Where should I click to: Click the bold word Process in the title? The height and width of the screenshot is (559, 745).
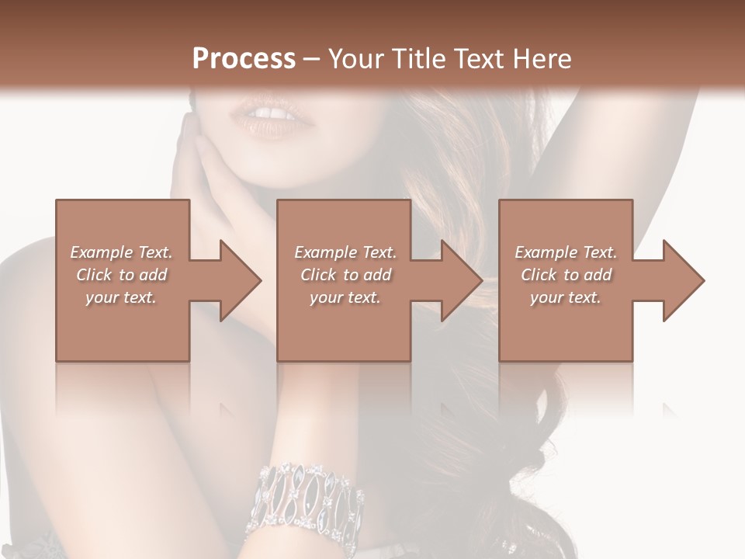pyautogui.click(x=244, y=59)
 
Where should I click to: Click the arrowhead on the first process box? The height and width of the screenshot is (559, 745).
pyautogui.click(x=237, y=280)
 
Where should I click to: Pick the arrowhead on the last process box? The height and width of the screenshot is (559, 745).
pyautogui.click(x=681, y=280)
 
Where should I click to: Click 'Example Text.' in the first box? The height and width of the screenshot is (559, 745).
pyautogui.click(x=122, y=252)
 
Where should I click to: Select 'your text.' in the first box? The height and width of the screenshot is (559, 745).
pyautogui.click(x=122, y=297)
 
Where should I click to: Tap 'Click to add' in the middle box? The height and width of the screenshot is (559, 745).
pyautogui.click(x=345, y=275)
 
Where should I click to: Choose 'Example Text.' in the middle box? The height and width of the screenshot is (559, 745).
pyautogui.click(x=345, y=252)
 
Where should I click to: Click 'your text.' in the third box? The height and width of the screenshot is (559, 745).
pyautogui.click(x=566, y=297)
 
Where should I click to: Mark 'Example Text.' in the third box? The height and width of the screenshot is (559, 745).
pyautogui.click(x=566, y=252)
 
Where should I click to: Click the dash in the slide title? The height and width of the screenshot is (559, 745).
pyautogui.click(x=311, y=59)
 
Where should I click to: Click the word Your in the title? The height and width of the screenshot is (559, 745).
pyautogui.click(x=354, y=59)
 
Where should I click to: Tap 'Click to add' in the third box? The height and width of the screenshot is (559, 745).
pyautogui.click(x=566, y=275)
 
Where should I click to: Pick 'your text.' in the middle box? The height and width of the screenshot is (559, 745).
pyautogui.click(x=345, y=297)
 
